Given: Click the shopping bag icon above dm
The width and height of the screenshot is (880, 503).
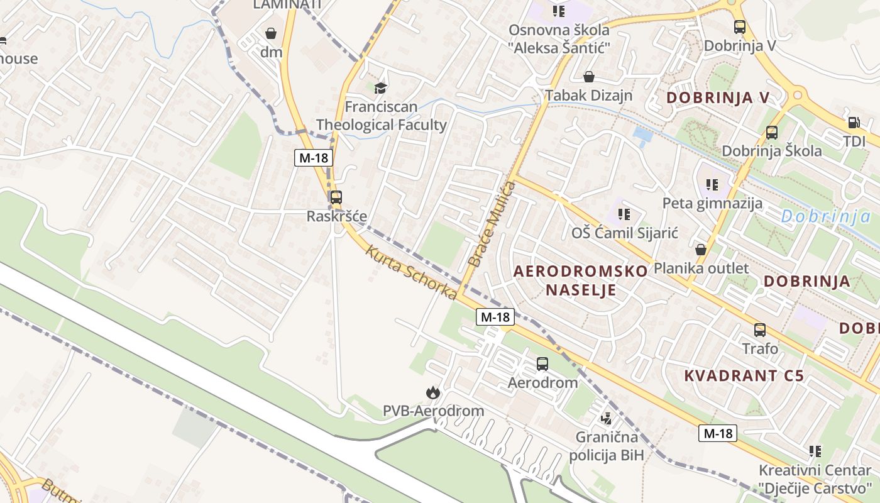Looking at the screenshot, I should pyautogui.click(x=271, y=33).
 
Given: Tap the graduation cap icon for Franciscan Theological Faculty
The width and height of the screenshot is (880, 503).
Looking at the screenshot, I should pyautogui.click(x=381, y=87).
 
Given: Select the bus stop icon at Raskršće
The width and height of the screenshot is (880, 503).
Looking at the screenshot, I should pyautogui.click(x=336, y=197).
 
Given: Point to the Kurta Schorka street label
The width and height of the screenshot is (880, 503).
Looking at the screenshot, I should pyautogui.click(x=411, y=272).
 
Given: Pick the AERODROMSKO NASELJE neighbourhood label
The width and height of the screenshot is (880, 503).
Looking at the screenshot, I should pyautogui.click(x=581, y=280).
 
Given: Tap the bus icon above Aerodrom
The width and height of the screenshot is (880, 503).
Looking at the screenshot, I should pyautogui.click(x=542, y=363).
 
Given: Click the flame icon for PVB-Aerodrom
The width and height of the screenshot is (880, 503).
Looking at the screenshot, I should pyautogui.click(x=433, y=393).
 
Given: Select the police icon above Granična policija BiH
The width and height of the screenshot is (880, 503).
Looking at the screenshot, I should pyautogui.click(x=607, y=417).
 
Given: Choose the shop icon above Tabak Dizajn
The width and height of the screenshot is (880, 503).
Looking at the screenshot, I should pyautogui.click(x=589, y=77).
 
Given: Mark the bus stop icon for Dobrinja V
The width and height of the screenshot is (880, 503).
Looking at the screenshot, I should pyautogui.click(x=740, y=27).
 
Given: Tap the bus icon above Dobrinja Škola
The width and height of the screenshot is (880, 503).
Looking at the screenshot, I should pyautogui.click(x=771, y=133).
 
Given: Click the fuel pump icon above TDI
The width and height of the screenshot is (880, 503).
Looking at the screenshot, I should pyautogui.click(x=854, y=123).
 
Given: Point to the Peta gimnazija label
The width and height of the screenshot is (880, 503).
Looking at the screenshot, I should pyautogui.click(x=712, y=203).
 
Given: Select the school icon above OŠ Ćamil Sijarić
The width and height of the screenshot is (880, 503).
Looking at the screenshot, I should pyautogui.click(x=624, y=214).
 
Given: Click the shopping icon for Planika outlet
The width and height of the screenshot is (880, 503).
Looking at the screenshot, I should pyautogui.click(x=701, y=250).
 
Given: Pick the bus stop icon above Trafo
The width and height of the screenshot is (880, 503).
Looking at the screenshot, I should pyautogui.click(x=760, y=329).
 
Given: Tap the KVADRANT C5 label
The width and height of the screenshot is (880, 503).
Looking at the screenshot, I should pyautogui.click(x=744, y=376).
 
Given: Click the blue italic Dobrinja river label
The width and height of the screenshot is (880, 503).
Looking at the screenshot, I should pyautogui.click(x=826, y=217).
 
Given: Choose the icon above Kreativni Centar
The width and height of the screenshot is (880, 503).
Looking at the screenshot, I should pyautogui.click(x=815, y=451).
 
